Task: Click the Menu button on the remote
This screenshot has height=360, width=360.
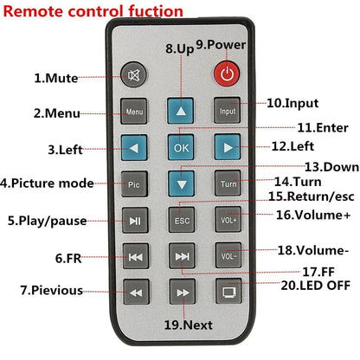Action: tap(134, 112)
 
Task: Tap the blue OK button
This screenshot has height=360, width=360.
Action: tap(180, 146)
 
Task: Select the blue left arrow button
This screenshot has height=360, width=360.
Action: tap(134, 146)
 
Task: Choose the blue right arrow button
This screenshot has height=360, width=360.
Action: tap(227, 146)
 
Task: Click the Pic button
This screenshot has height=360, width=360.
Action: tap(134, 183)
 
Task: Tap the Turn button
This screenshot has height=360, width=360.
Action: tap(227, 183)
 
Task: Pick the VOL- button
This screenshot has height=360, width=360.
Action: tap(227, 255)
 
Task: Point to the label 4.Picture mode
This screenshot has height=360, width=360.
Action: tap(47, 183)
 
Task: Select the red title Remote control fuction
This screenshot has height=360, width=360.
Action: tap(93, 11)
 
